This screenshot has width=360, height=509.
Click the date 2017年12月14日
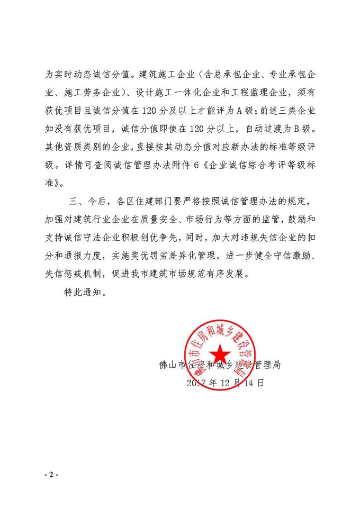pos(226,384)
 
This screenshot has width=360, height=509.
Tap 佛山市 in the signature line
pos(172,365)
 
